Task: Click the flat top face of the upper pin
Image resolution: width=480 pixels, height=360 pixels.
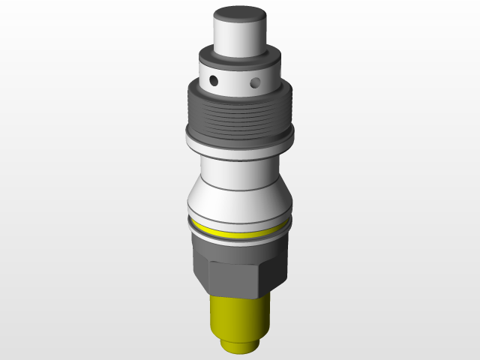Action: pyautogui.click(x=240, y=15)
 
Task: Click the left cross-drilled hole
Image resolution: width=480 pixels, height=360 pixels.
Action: pyautogui.click(x=214, y=79)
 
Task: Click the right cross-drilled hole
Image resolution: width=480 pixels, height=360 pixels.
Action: pyautogui.click(x=256, y=80)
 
